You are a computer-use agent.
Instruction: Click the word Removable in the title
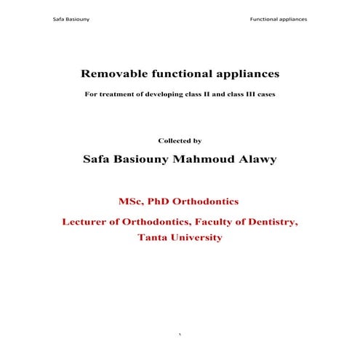111,74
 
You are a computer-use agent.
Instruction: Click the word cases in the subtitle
265,96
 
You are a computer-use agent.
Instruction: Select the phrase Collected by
180,140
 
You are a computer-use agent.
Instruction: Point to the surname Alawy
259,159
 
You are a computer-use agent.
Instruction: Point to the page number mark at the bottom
180,335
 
